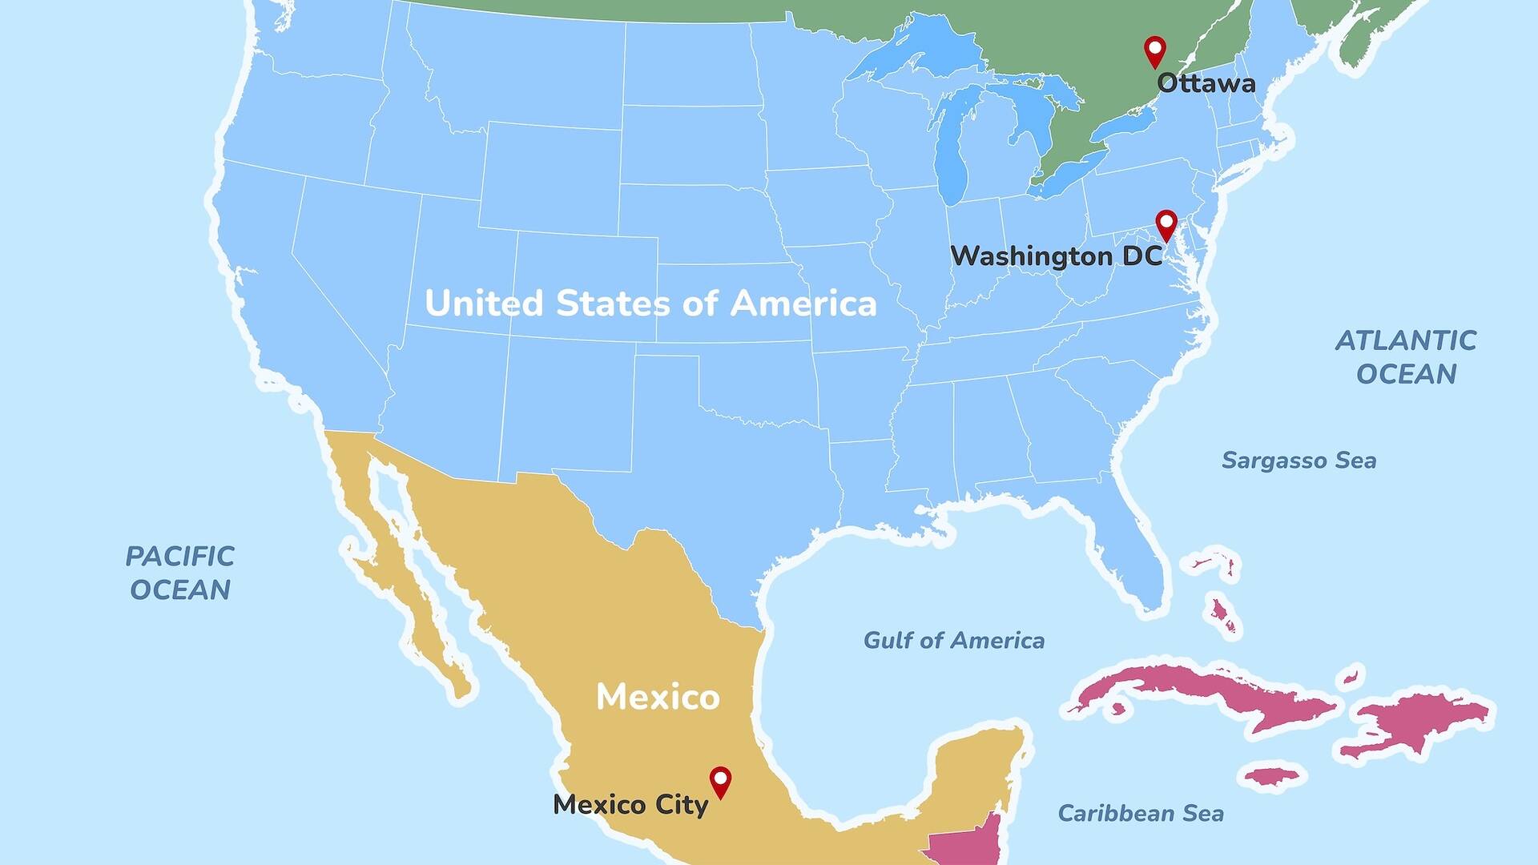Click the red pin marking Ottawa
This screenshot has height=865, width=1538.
(1154, 50)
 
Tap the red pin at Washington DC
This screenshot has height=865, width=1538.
(1166, 223)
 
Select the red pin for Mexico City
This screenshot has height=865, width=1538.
(721, 780)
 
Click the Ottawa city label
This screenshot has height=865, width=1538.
(1206, 83)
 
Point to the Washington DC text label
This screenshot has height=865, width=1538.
(1056, 256)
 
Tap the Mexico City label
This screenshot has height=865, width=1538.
(630, 804)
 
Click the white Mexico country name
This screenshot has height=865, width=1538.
(658, 697)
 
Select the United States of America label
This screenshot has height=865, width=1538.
(650, 304)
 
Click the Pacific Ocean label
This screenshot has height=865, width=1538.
(180, 573)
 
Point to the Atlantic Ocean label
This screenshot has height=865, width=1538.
(1406, 357)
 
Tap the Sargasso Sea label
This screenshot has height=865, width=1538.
(1298, 461)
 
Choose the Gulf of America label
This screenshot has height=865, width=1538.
(953, 641)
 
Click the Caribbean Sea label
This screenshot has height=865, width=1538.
(1141, 814)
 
